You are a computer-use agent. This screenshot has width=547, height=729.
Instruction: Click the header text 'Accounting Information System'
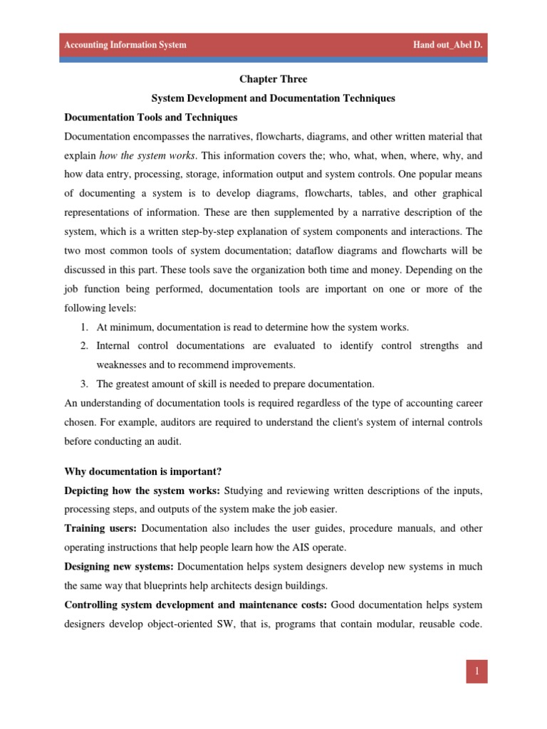125,45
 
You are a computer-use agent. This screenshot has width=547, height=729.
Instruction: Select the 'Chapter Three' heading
273,80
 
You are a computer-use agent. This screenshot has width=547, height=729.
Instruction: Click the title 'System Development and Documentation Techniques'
273,98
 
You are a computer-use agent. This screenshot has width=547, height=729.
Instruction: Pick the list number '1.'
83,327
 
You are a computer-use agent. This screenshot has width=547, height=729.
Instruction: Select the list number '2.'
83,346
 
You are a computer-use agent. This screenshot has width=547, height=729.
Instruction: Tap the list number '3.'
83,383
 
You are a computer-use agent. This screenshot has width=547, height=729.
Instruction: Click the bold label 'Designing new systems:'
119,567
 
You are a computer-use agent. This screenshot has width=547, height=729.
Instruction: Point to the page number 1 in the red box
476,671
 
